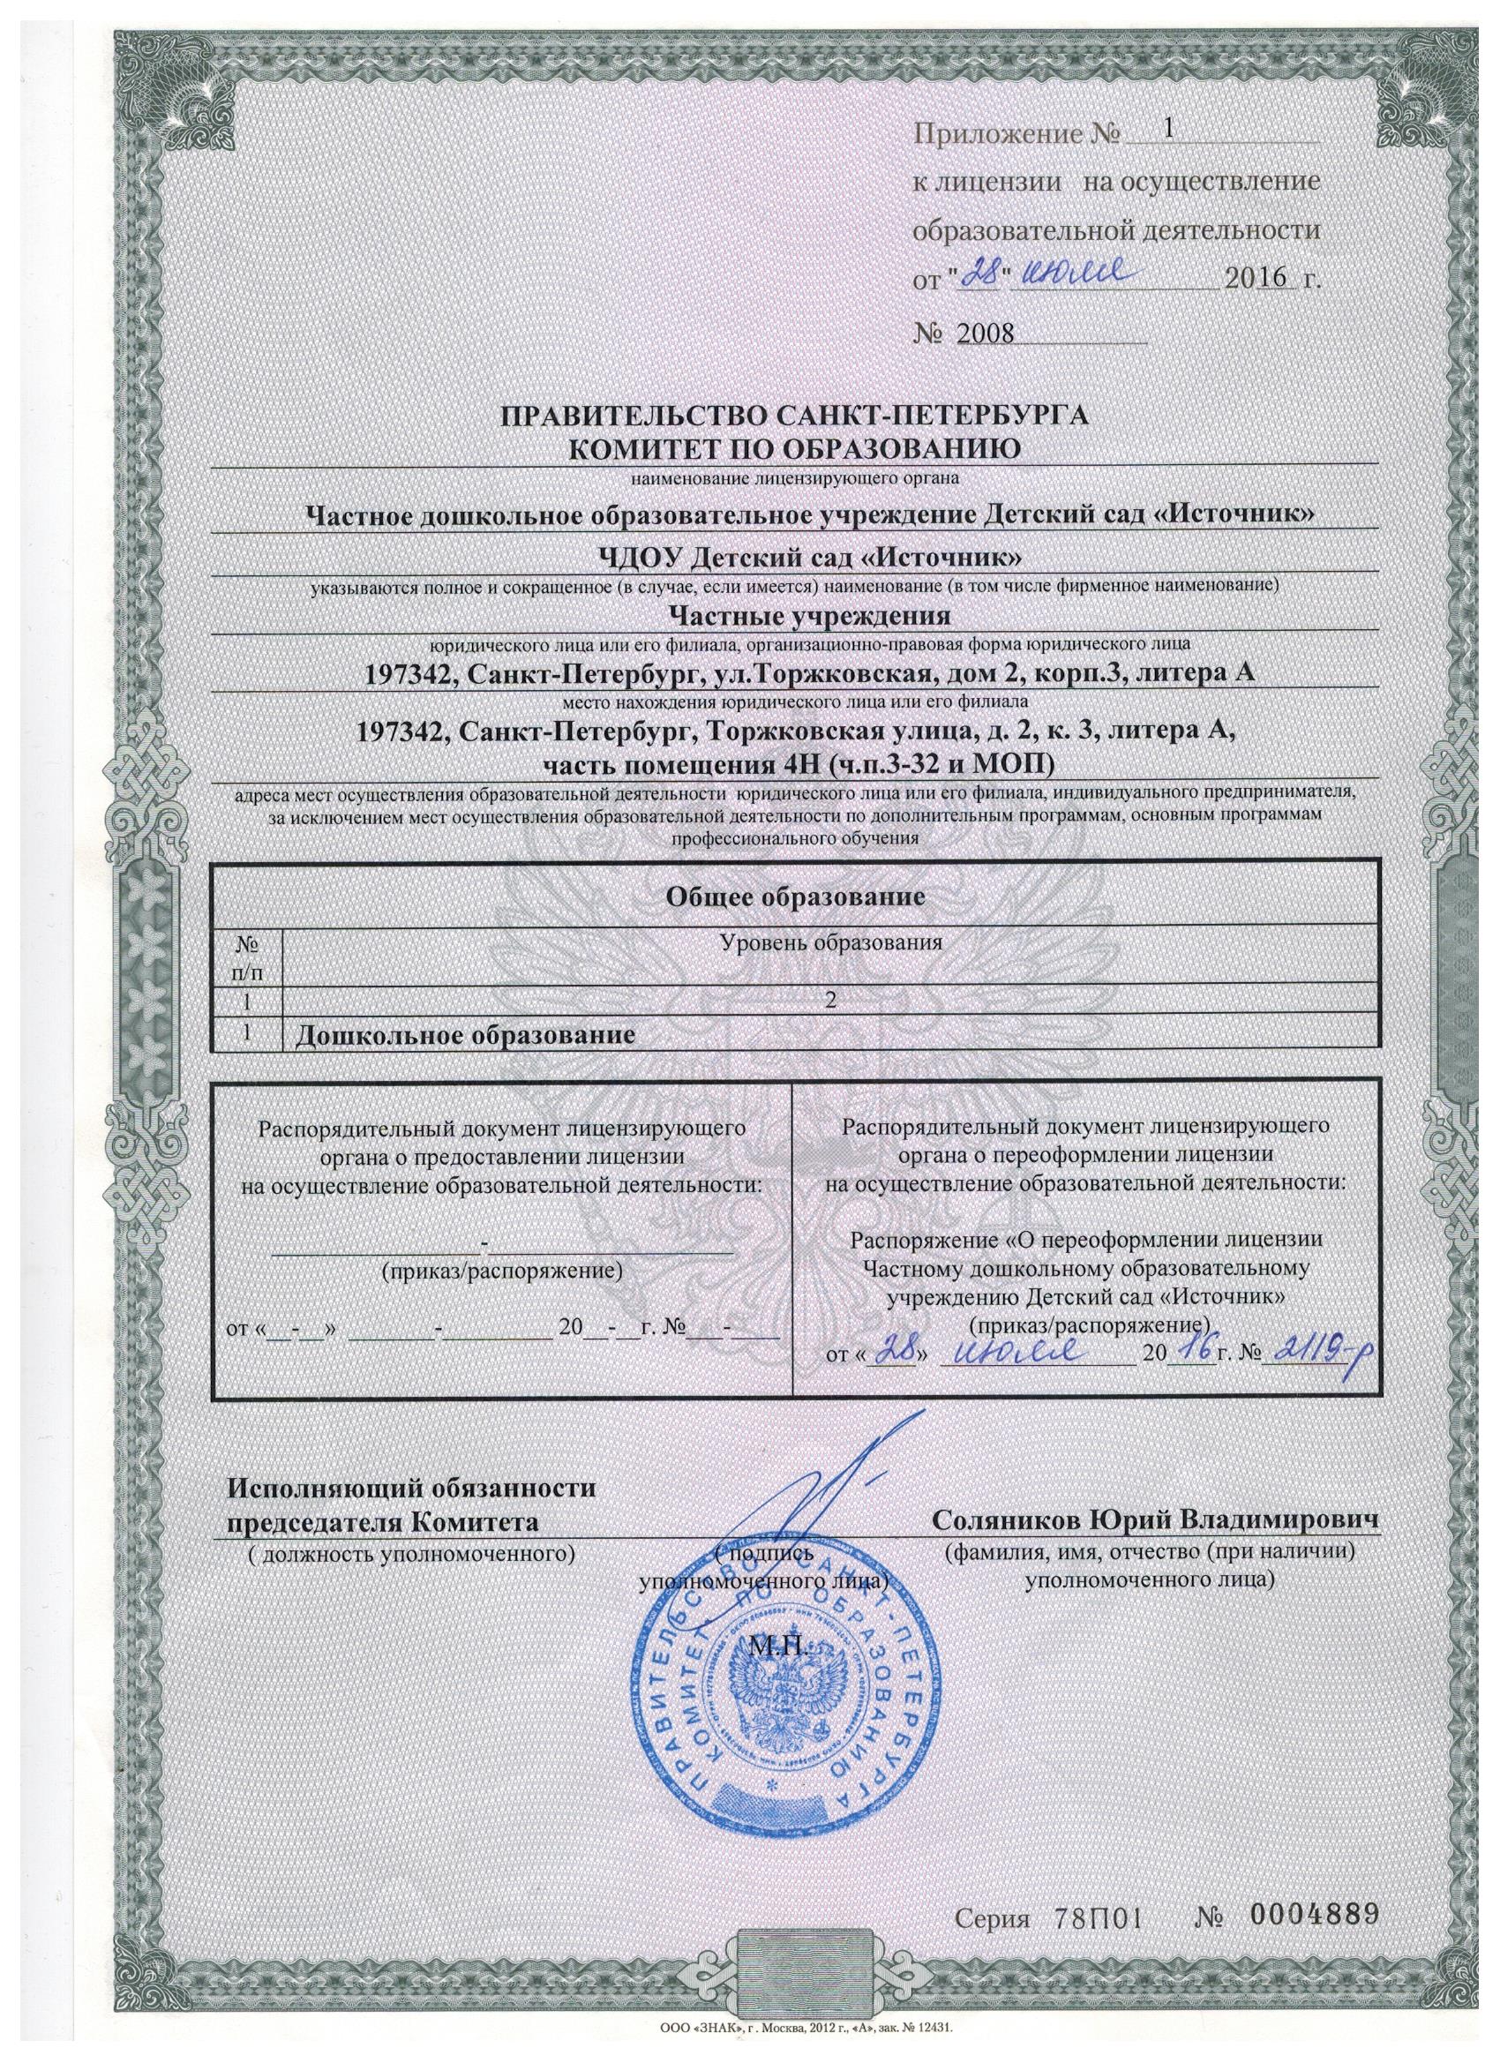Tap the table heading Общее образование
coord(796,896)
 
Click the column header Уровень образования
coord(829,941)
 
